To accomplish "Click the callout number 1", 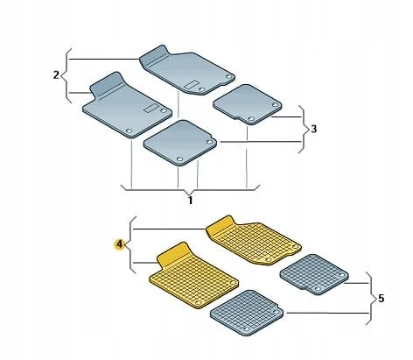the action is [x=190, y=201].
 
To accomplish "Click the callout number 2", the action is [x=56, y=75].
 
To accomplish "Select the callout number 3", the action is [x=313, y=129].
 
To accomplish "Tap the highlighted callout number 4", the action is [x=119, y=244].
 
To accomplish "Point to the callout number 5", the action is [x=381, y=299].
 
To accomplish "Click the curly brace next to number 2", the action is [x=66, y=75].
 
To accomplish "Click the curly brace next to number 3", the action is [x=304, y=129].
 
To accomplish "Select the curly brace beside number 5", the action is [x=371, y=299].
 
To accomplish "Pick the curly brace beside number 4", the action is [x=130, y=244].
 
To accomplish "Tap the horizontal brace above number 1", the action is [x=190, y=190].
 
